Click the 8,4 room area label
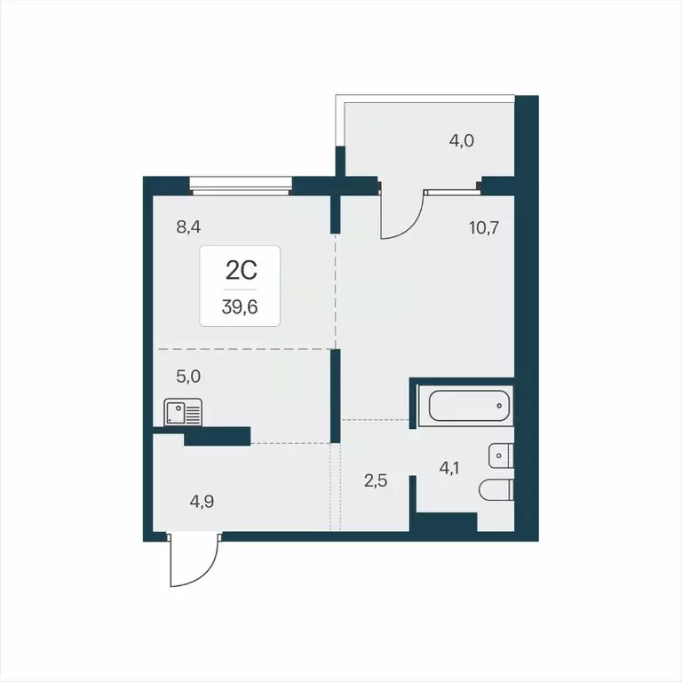[189, 227]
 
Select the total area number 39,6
[240, 311]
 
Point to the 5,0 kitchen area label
[188, 377]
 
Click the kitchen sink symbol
[183, 413]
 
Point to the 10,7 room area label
[484, 227]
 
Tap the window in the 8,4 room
[241, 186]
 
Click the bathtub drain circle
[500, 406]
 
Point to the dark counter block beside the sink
[217, 435]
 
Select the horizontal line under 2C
[240, 289]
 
